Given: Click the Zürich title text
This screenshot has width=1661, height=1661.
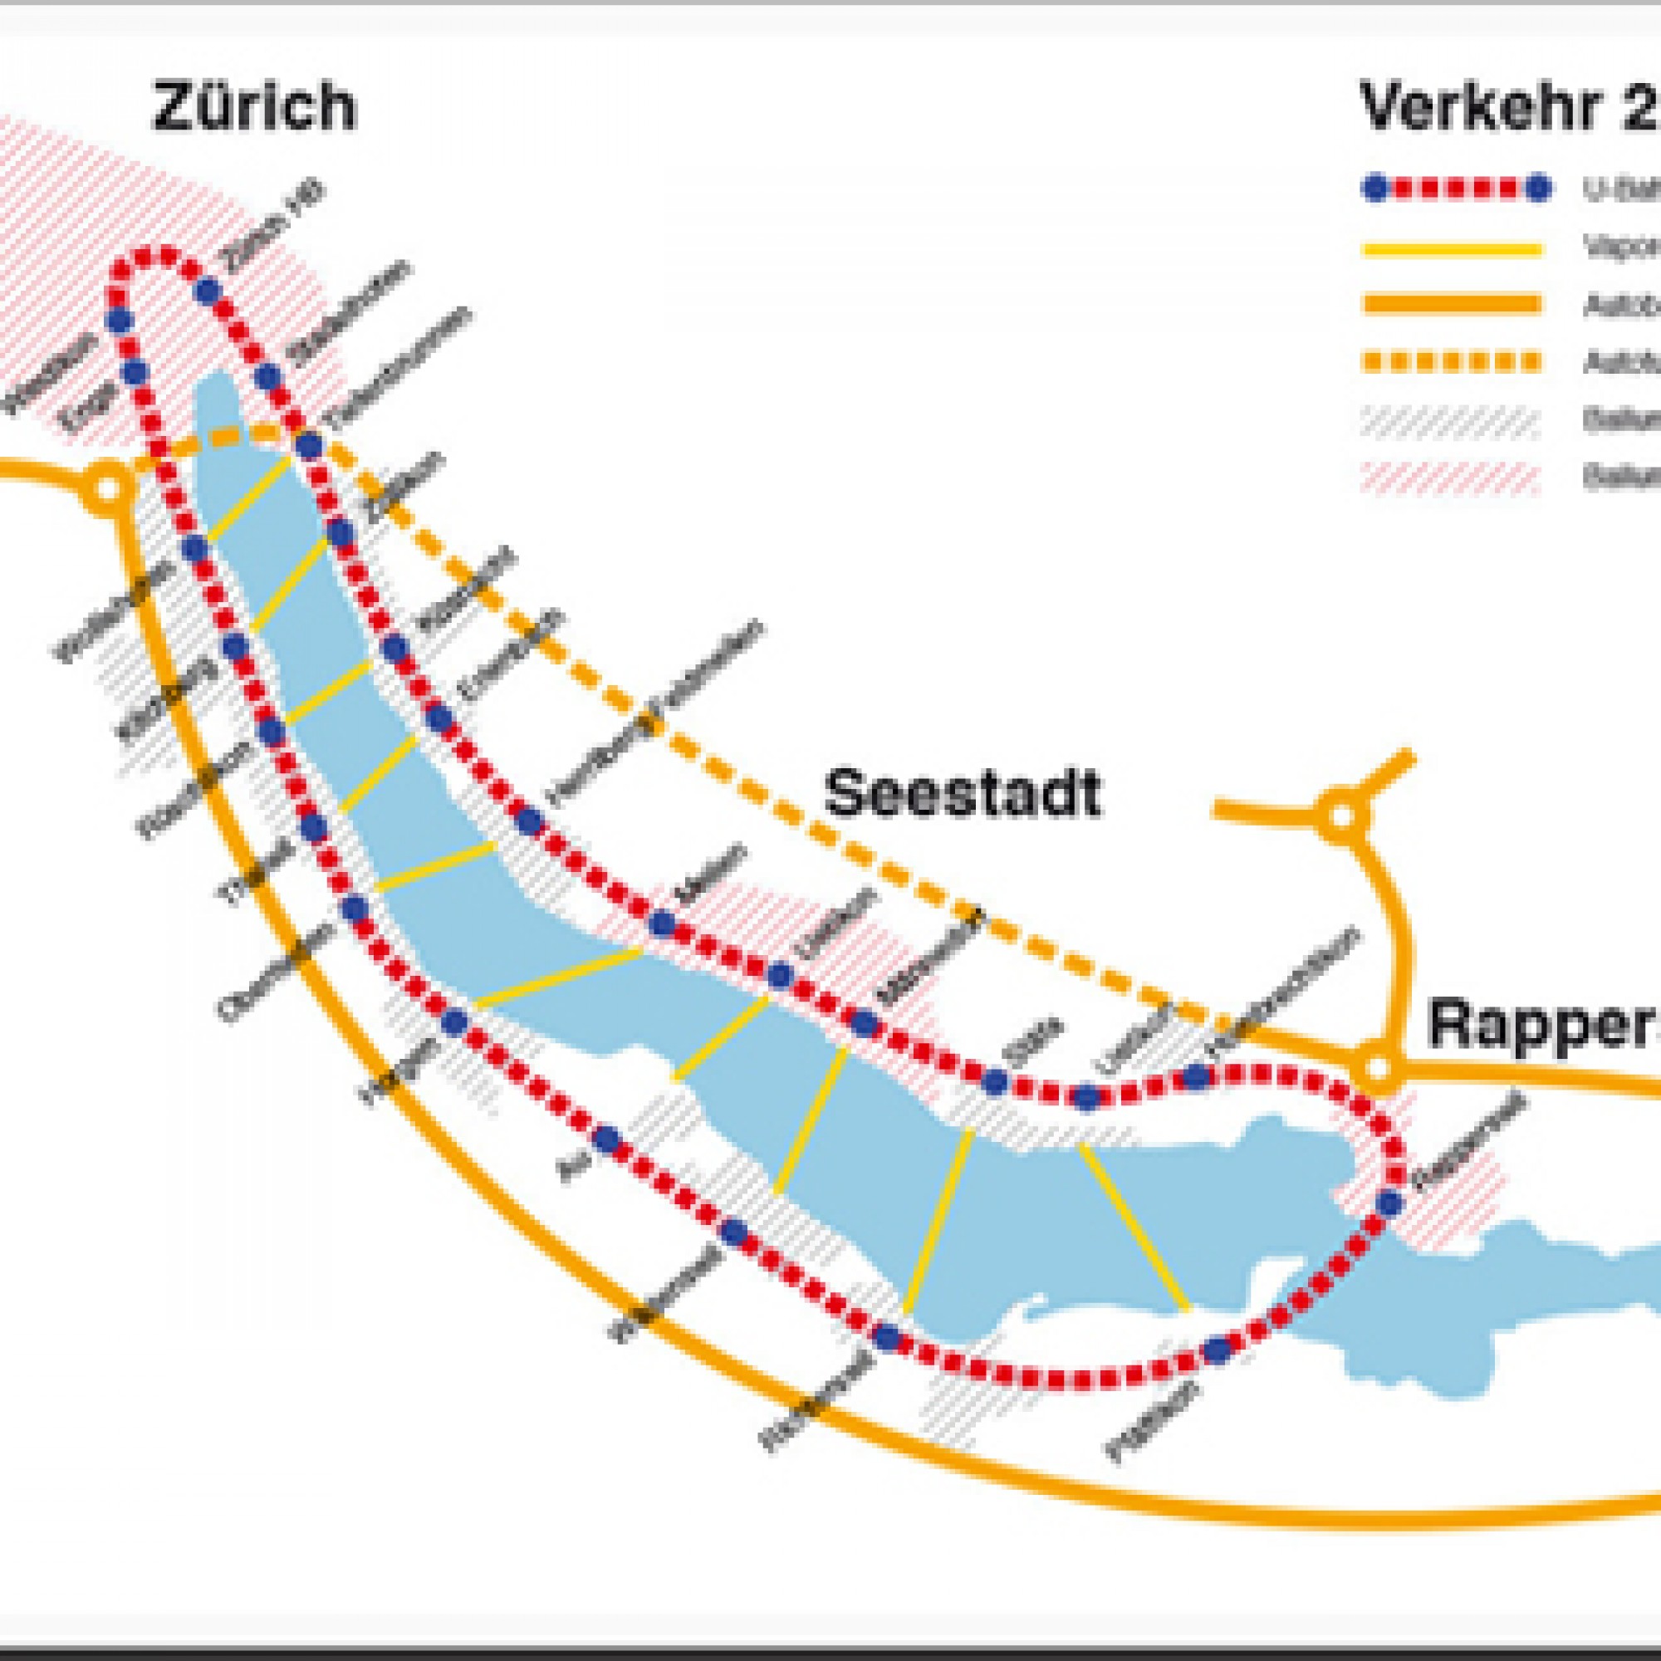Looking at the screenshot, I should click(x=253, y=107).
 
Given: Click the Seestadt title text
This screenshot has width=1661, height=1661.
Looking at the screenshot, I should click(x=962, y=793).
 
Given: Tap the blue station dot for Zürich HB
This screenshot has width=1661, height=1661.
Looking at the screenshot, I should click(x=207, y=291).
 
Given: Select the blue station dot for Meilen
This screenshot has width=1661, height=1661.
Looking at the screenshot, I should click(x=661, y=924).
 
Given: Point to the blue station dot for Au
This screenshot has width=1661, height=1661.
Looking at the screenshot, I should click(x=608, y=1140).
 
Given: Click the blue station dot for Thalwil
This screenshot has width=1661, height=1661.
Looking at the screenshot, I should click(x=314, y=827).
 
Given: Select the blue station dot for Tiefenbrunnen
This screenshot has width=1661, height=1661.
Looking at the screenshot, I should click(x=310, y=446).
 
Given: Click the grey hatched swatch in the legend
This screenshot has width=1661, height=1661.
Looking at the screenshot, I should click(x=1451, y=420).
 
